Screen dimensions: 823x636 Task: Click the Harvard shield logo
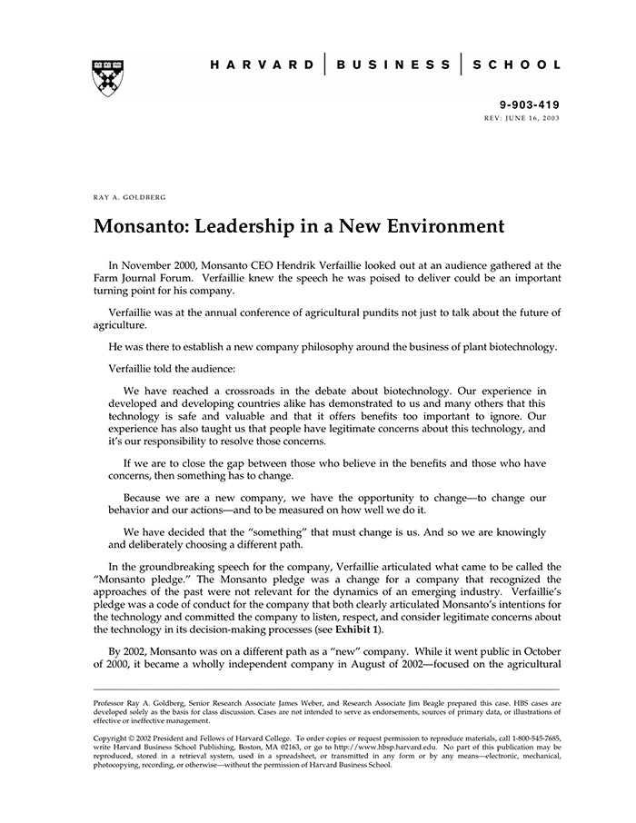click(107, 78)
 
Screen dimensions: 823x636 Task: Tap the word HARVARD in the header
click(263, 64)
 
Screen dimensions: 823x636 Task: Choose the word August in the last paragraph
click(366, 666)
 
